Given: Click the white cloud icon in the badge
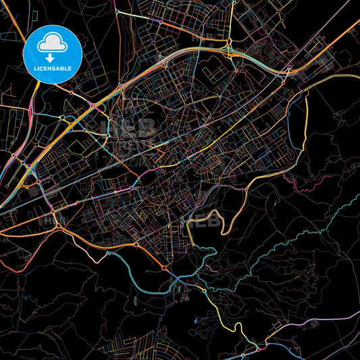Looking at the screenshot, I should [52, 45].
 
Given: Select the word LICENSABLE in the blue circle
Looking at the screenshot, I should [52, 68].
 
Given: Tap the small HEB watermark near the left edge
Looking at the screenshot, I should [54, 220].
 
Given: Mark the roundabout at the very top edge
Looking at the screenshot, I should [117, 11].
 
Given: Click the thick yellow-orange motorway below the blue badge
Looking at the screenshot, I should [88, 108].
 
